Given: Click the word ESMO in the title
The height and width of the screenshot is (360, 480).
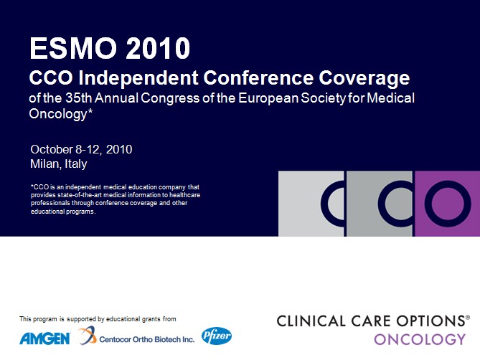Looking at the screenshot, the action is pos(73,48).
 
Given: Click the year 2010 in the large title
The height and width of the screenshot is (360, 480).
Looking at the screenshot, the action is pos(158,48).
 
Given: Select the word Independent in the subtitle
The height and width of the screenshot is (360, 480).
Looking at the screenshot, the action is pos(138,77).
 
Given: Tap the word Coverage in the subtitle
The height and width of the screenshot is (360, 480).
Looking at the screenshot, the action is pos(364,78).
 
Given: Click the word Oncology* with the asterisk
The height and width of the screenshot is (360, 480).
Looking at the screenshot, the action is pos(60,114).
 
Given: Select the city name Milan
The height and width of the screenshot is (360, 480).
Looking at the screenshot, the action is pos(44,164).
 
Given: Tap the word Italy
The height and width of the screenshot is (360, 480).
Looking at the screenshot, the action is pos(75,164).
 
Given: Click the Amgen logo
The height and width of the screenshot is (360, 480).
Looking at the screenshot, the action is pos(45,338).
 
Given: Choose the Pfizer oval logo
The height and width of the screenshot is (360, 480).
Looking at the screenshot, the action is pos(217,336).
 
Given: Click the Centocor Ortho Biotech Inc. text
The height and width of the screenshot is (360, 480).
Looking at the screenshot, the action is pos(147,339).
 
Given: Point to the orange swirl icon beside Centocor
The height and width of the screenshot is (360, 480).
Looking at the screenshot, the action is pos(87,335).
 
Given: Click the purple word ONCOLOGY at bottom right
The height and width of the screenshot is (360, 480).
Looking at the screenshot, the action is pos(420,339).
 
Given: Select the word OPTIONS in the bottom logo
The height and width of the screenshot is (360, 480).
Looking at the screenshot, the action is pos(431,321).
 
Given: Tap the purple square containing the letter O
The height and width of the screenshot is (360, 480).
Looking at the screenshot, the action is pos(448,204).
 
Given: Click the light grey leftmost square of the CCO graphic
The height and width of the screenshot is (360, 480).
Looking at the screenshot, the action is pos(311,204).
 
